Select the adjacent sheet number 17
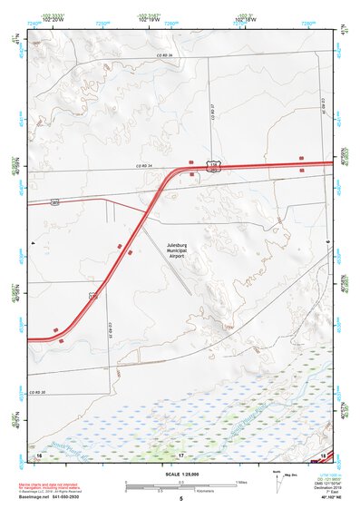(180, 453)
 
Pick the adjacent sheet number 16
(40, 453)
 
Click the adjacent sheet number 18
(323, 453)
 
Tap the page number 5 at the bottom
(180, 498)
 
